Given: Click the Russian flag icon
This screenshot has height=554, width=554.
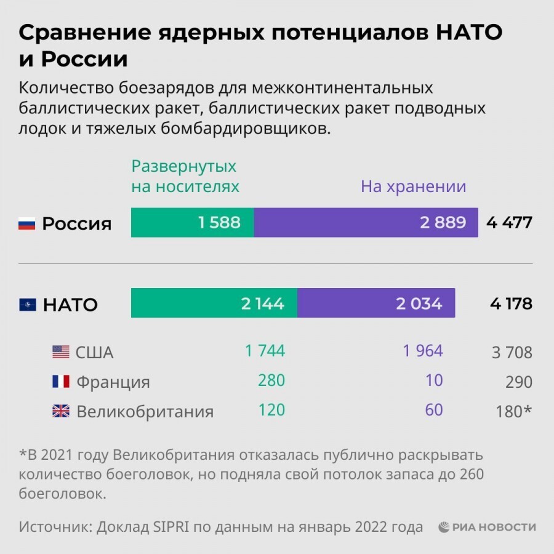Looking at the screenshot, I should (27, 223).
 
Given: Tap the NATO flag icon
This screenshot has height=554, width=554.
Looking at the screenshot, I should (27, 305).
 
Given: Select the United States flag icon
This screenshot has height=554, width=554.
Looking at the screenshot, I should (60, 352).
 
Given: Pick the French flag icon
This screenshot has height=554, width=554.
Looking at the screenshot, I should (60, 382).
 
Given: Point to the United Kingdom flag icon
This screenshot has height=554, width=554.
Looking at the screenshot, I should (60, 411).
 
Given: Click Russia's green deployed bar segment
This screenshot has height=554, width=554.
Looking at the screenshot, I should (193, 222).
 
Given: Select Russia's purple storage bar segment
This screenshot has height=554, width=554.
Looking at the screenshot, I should (366, 222).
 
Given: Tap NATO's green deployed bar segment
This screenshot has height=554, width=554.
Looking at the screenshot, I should (214, 303).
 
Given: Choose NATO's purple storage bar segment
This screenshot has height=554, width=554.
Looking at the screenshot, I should (376, 303).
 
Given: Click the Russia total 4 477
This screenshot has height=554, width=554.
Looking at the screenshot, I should (508, 223).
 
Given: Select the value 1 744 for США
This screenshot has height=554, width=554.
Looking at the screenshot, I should (265, 351).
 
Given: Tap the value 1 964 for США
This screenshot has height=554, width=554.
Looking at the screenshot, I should (423, 351).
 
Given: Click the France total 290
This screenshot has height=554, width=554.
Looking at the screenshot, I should (519, 382).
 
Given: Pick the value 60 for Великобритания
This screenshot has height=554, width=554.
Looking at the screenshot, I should (433, 409).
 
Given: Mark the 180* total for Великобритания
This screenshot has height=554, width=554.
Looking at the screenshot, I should (513, 411).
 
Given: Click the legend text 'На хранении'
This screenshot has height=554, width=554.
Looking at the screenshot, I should (413, 187).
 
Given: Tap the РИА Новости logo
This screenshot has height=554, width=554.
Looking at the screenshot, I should (487, 528).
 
